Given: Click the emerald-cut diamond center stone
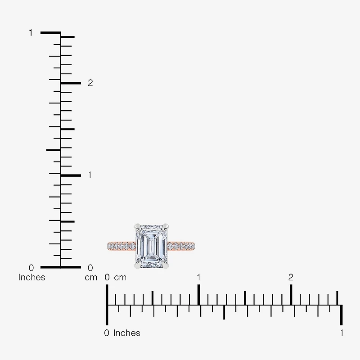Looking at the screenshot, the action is (152, 246).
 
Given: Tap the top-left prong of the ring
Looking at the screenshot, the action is (138, 227).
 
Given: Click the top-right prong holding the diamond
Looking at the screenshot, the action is (166, 227).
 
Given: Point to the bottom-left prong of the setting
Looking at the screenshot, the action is (138, 266).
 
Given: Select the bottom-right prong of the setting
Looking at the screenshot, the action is (166, 266).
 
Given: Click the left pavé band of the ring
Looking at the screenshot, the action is (121, 246).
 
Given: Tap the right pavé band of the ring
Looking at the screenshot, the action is (181, 246).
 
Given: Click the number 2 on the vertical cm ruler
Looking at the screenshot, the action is (90, 83).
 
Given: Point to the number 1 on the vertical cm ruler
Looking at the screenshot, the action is (90, 175).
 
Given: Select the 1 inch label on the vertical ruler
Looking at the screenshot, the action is (31, 33).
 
